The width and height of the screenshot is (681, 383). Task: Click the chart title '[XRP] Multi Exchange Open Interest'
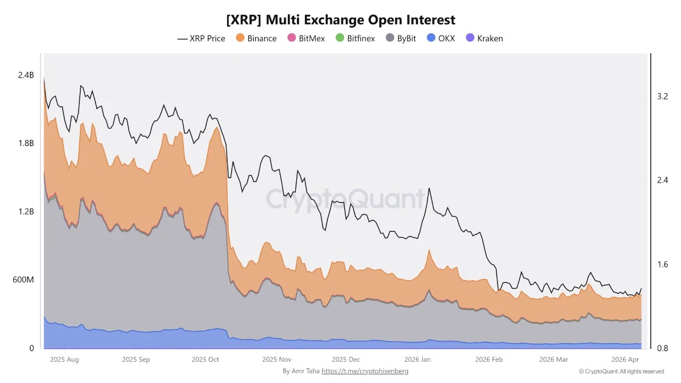[340, 20]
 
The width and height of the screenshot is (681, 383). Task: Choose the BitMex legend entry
[306, 38]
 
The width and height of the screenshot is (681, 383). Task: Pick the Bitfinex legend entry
[355, 38]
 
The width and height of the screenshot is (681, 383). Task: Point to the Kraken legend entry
[484, 38]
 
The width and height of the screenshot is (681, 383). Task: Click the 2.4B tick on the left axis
[26, 76]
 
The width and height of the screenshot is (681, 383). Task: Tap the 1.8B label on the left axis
[26, 144]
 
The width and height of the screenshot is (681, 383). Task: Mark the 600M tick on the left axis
[23, 280]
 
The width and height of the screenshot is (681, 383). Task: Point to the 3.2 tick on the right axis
[662, 96]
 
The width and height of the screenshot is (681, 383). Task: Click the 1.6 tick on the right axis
[662, 264]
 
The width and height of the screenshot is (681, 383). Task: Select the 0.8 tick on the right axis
[662, 348]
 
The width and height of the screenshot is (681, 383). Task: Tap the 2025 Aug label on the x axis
[64, 360]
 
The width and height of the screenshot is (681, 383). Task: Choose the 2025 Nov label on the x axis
[277, 360]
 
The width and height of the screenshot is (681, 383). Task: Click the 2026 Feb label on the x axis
[488, 360]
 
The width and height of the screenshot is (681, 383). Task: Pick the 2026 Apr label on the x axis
[626, 360]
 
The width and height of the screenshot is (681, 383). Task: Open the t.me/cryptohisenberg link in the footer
[364, 371]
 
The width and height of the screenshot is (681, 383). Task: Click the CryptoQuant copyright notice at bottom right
[621, 371]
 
